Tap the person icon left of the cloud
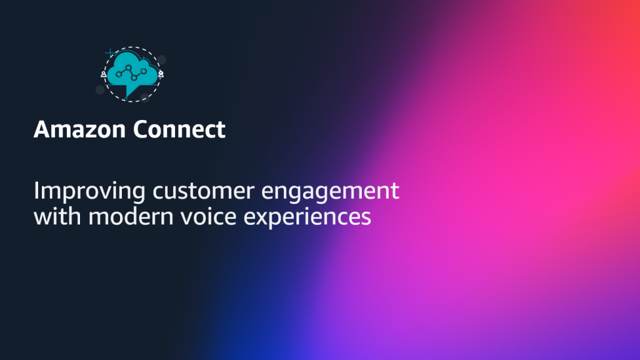104,74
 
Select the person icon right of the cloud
161,74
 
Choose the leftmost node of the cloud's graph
118,75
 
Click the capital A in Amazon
42,130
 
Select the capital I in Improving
36,190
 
